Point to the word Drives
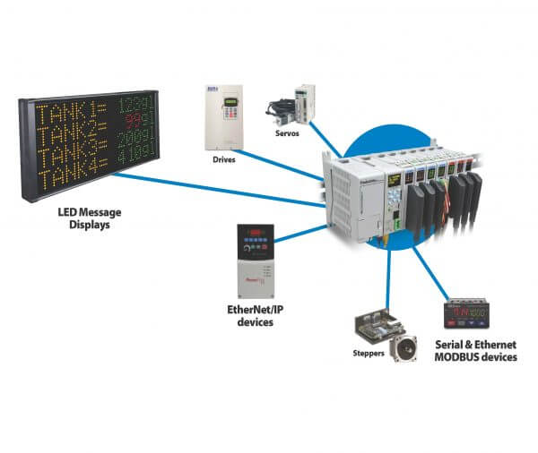coord(223,161)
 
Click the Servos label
coord(287,132)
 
